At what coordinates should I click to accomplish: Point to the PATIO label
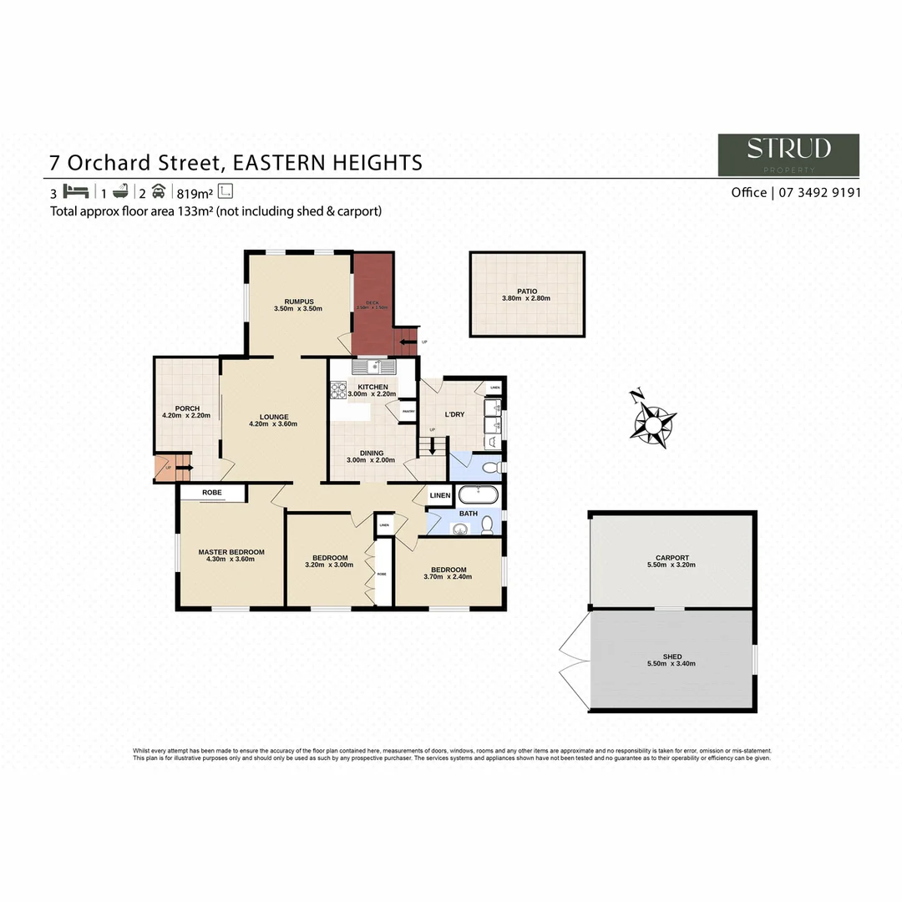(526, 291)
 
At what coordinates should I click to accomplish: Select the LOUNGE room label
(273, 417)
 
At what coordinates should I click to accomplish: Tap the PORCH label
(185, 408)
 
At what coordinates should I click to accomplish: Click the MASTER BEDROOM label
(231, 552)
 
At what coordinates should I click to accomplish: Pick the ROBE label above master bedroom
(212, 493)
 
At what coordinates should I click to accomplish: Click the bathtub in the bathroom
(478, 494)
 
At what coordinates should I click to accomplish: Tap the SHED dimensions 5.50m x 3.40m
(671, 664)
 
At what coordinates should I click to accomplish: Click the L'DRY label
(454, 414)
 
